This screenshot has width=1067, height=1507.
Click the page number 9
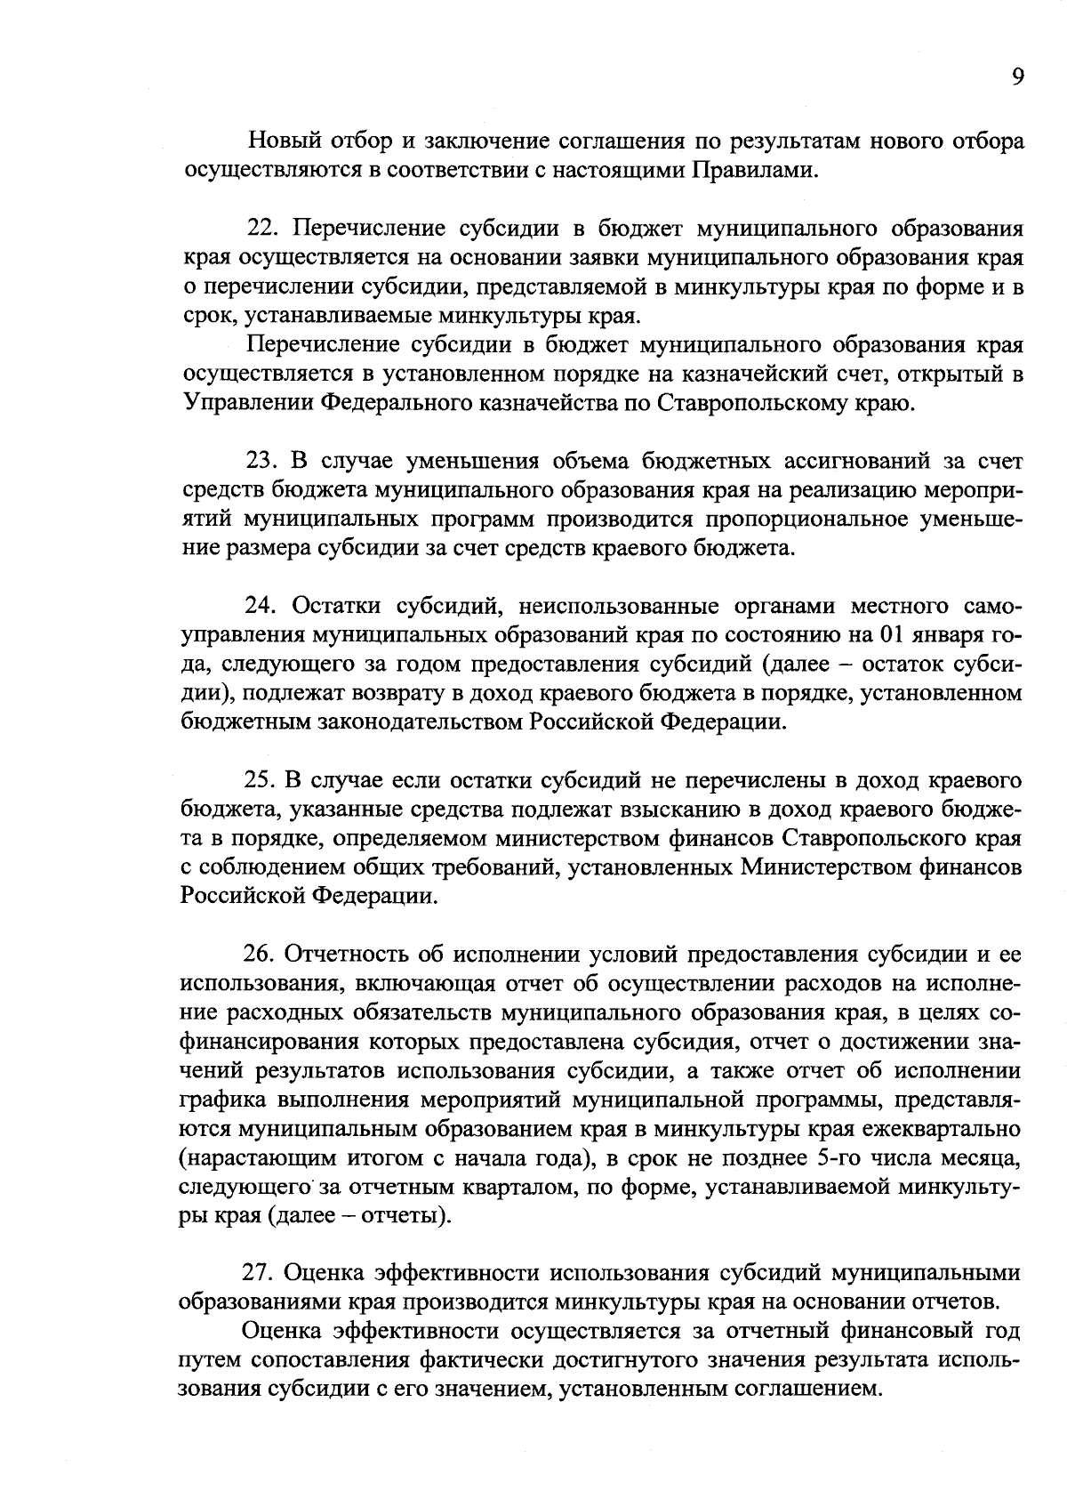(1018, 77)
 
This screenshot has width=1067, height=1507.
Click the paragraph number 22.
(262, 229)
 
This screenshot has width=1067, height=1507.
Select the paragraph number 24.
(262, 607)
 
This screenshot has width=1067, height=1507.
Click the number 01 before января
(891, 635)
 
